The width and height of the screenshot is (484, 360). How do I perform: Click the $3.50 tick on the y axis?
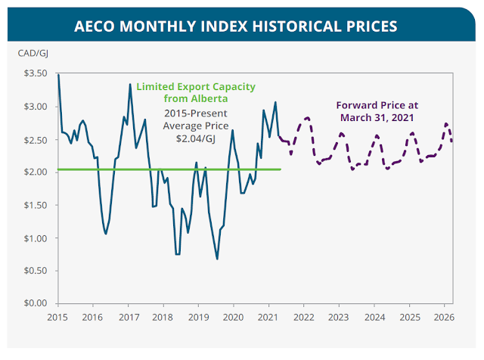click(34, 73)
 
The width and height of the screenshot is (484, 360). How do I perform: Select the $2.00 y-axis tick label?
click(34, 172)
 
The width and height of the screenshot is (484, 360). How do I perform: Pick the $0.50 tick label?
click(34, 271)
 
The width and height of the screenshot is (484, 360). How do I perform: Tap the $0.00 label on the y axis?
click(34, 303)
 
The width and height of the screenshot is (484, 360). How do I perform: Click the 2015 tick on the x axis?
click(57, 318)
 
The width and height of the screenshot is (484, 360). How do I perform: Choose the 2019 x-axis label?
click(198, 318)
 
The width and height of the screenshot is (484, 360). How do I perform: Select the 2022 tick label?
click(304, 318)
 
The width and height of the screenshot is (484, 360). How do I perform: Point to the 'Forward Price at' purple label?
click(377, 105)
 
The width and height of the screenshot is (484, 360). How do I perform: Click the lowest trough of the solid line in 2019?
click(217, 259)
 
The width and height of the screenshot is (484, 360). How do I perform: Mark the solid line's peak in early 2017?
click(130, 84)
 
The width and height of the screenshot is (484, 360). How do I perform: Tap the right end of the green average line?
click(281, 169)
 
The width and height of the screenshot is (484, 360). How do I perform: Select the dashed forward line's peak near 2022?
click(307, 117)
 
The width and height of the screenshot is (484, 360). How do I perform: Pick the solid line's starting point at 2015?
click(58, 75)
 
